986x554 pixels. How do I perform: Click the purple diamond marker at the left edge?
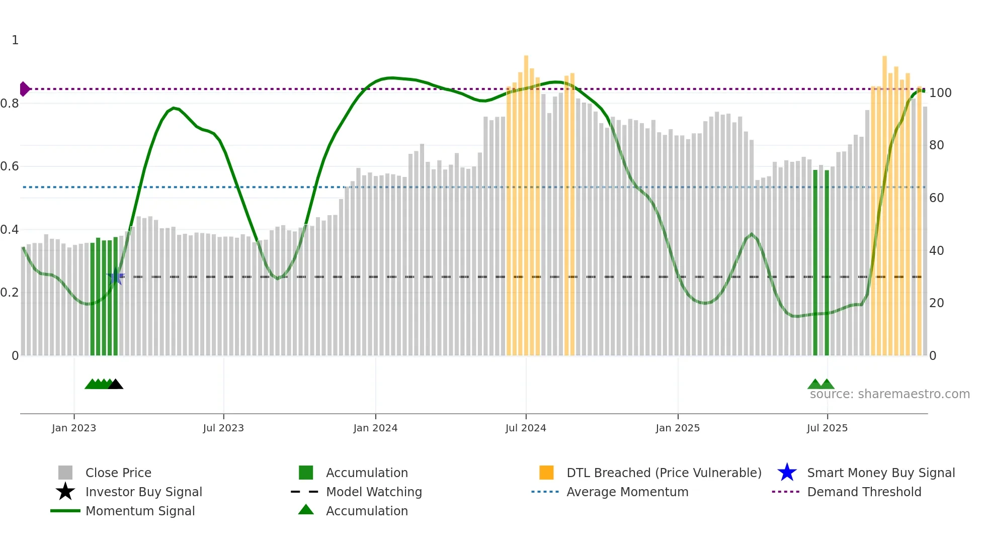point(24,89)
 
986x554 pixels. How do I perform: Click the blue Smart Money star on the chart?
point(115,276)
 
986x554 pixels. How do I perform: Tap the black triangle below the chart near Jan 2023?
point(116,385)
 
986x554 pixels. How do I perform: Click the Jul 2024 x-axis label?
point(526,428)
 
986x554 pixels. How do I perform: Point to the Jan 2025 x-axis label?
point(678,428)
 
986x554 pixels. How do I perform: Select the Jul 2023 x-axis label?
point(223,428)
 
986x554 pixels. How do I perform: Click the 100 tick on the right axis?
point(940,93)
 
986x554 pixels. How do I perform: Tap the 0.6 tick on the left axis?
point(9,166)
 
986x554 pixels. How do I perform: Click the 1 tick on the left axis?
point(15,40)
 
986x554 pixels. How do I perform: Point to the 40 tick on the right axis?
point(936,250)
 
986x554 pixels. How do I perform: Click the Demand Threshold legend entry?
point(864,492)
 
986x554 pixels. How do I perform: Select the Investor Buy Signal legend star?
point(65,492)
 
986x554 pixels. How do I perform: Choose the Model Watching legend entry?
point(373,492)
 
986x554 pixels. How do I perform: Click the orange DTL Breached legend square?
point(546,473)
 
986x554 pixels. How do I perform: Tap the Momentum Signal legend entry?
point(140,511)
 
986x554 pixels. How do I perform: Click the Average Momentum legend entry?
point(627,492)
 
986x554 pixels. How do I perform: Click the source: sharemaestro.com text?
point(889,394)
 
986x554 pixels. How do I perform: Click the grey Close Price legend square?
point(65,473)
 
